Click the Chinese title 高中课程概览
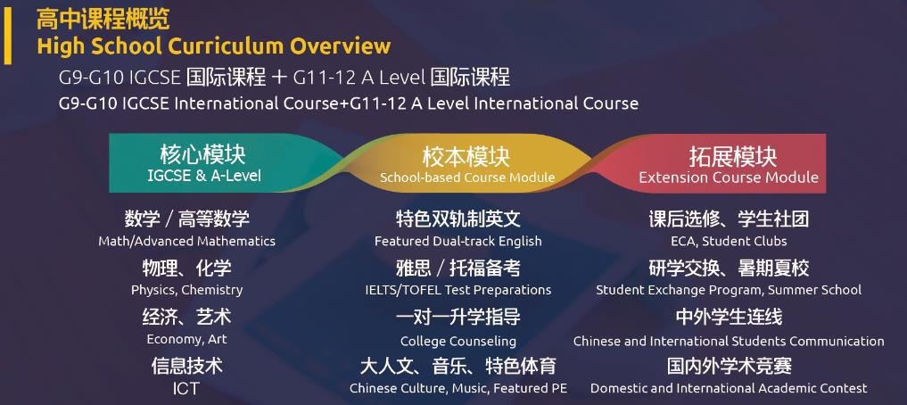103,20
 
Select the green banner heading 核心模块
203,155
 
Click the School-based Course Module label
467,178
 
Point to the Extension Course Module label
729,177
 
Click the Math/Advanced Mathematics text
186,241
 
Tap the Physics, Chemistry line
186,290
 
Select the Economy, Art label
186,339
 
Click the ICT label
186,388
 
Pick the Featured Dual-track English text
458,241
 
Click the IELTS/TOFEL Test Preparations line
458,289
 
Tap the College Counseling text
458,341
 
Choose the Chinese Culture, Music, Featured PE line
458,388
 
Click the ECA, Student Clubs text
729,241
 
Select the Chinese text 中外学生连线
729,317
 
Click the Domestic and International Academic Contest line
729,388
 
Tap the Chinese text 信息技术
186,366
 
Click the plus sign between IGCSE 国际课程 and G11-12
279,78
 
